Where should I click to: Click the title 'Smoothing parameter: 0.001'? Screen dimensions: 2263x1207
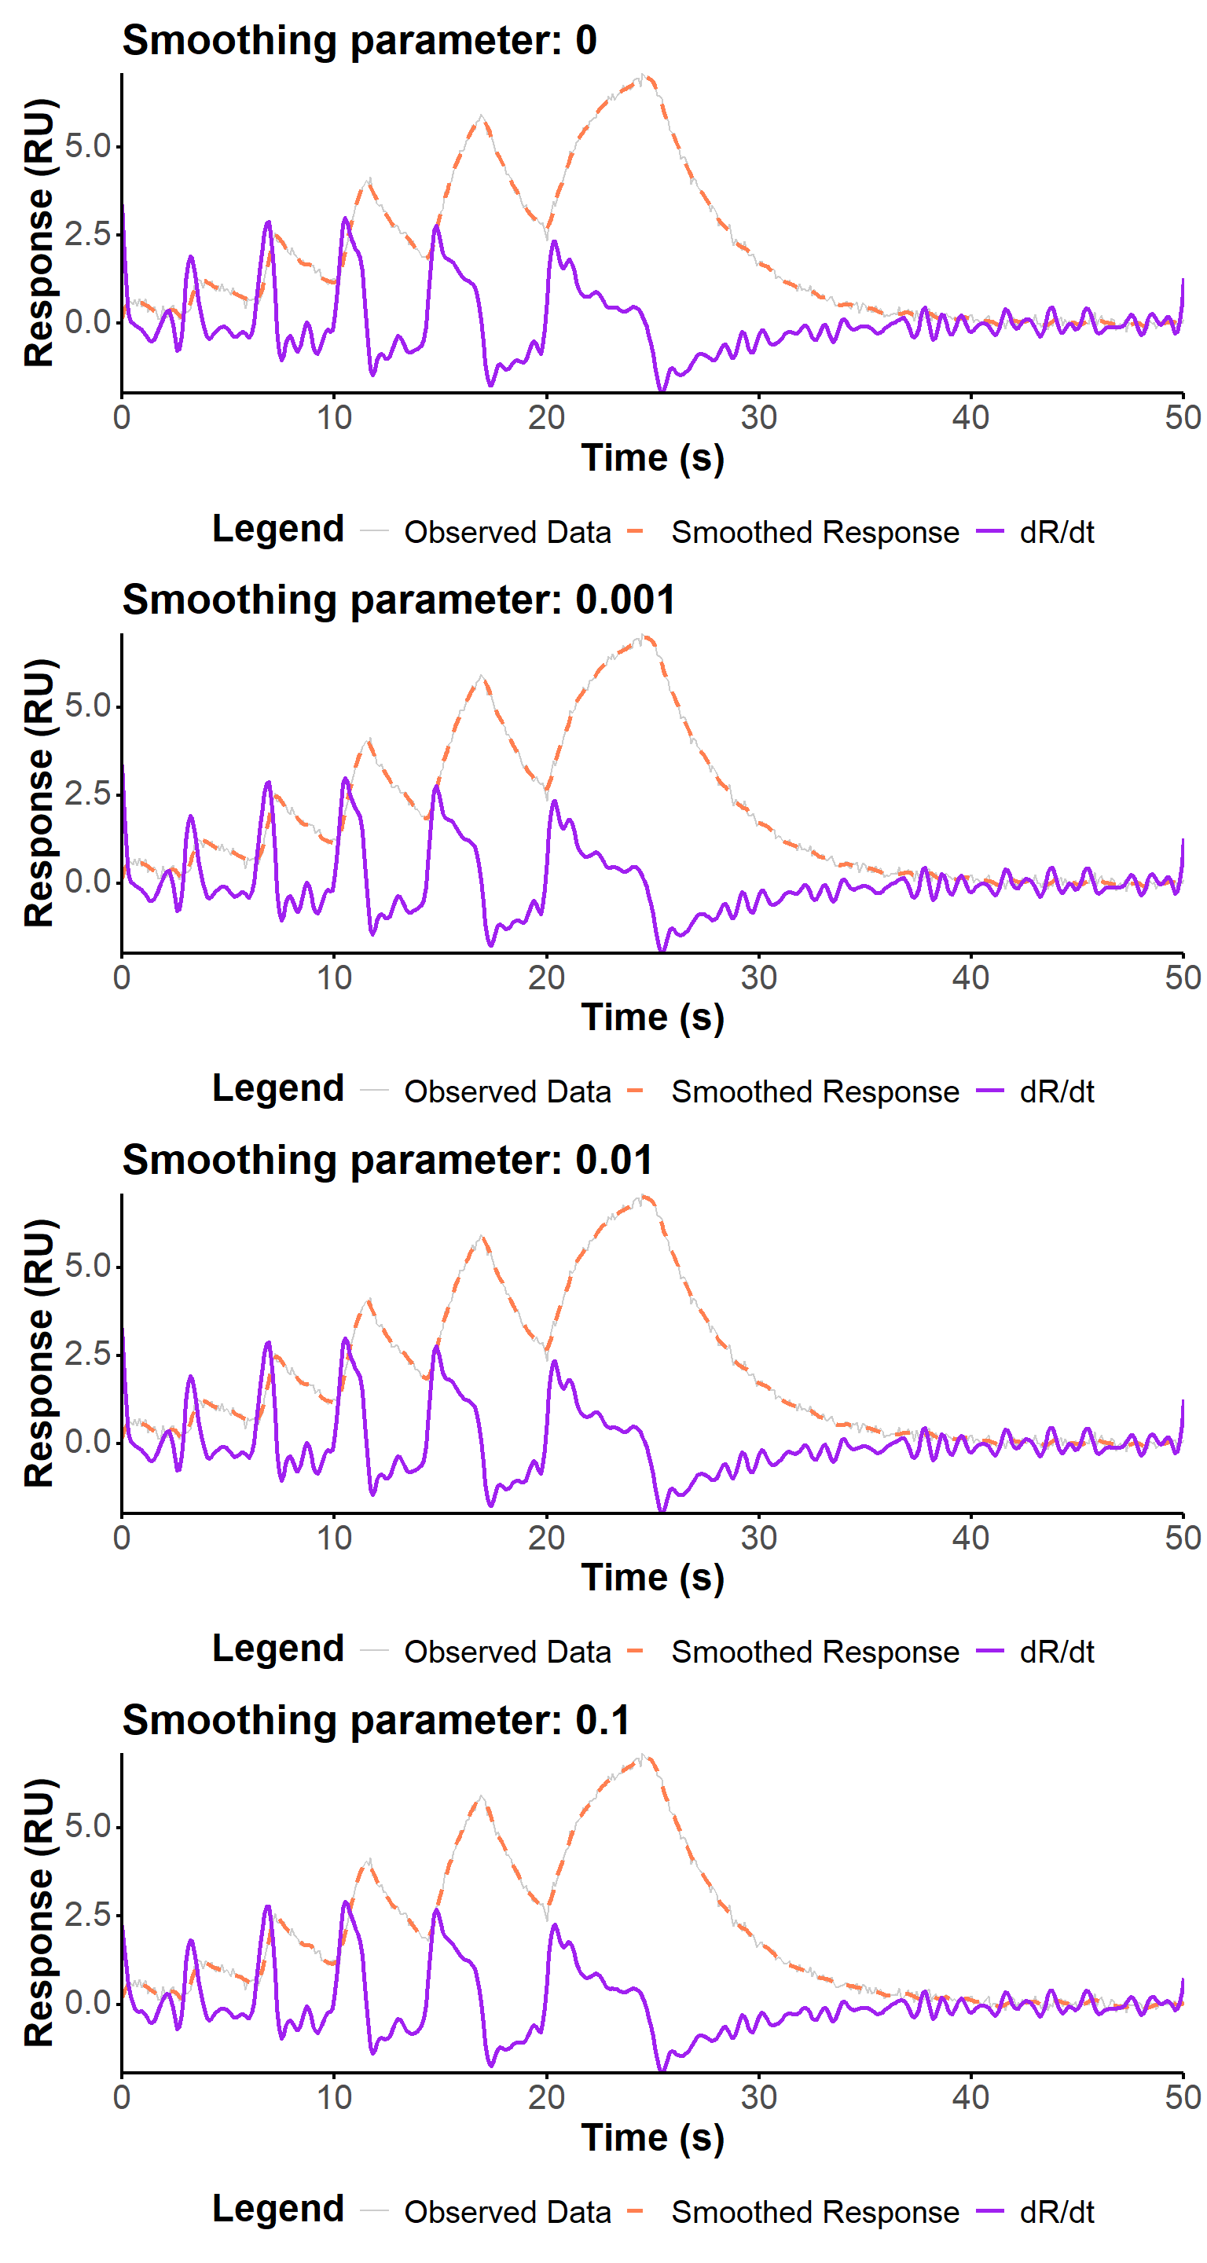tap(399, 600)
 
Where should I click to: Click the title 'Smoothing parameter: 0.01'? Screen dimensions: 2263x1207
tap(387, 1160)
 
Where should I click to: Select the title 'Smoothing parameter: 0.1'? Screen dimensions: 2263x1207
tap(376, 1719)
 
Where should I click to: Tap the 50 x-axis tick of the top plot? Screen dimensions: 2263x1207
tap(1183, 417)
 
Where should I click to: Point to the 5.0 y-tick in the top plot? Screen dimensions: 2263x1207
tap(88, 146)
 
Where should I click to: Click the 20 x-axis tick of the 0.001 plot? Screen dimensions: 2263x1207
tap(546, 977)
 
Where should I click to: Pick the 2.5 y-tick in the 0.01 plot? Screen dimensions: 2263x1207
tap(88, 1354)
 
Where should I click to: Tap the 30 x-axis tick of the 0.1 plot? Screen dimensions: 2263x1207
tap(758, 2097)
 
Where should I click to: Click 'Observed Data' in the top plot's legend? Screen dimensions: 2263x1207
tap(507, 533)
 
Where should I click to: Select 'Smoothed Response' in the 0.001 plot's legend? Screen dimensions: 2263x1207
tap(814, 1092)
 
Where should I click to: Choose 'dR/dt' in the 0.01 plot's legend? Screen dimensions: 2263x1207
tap(1056, 1652)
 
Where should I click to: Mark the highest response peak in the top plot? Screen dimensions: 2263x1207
tap(644, 77)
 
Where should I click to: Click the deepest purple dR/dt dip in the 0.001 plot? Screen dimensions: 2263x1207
tap(662, 950)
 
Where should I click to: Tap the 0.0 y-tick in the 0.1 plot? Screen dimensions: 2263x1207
tap(88, 2003)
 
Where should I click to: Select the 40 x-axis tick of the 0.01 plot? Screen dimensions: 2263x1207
tap(970, 1538)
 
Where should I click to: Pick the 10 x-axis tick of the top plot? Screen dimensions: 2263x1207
tap(334, 417)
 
